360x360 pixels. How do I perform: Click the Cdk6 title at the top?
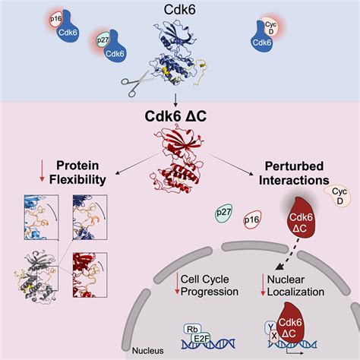pos(180,10)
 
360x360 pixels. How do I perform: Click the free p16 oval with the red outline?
pos(251,221)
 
